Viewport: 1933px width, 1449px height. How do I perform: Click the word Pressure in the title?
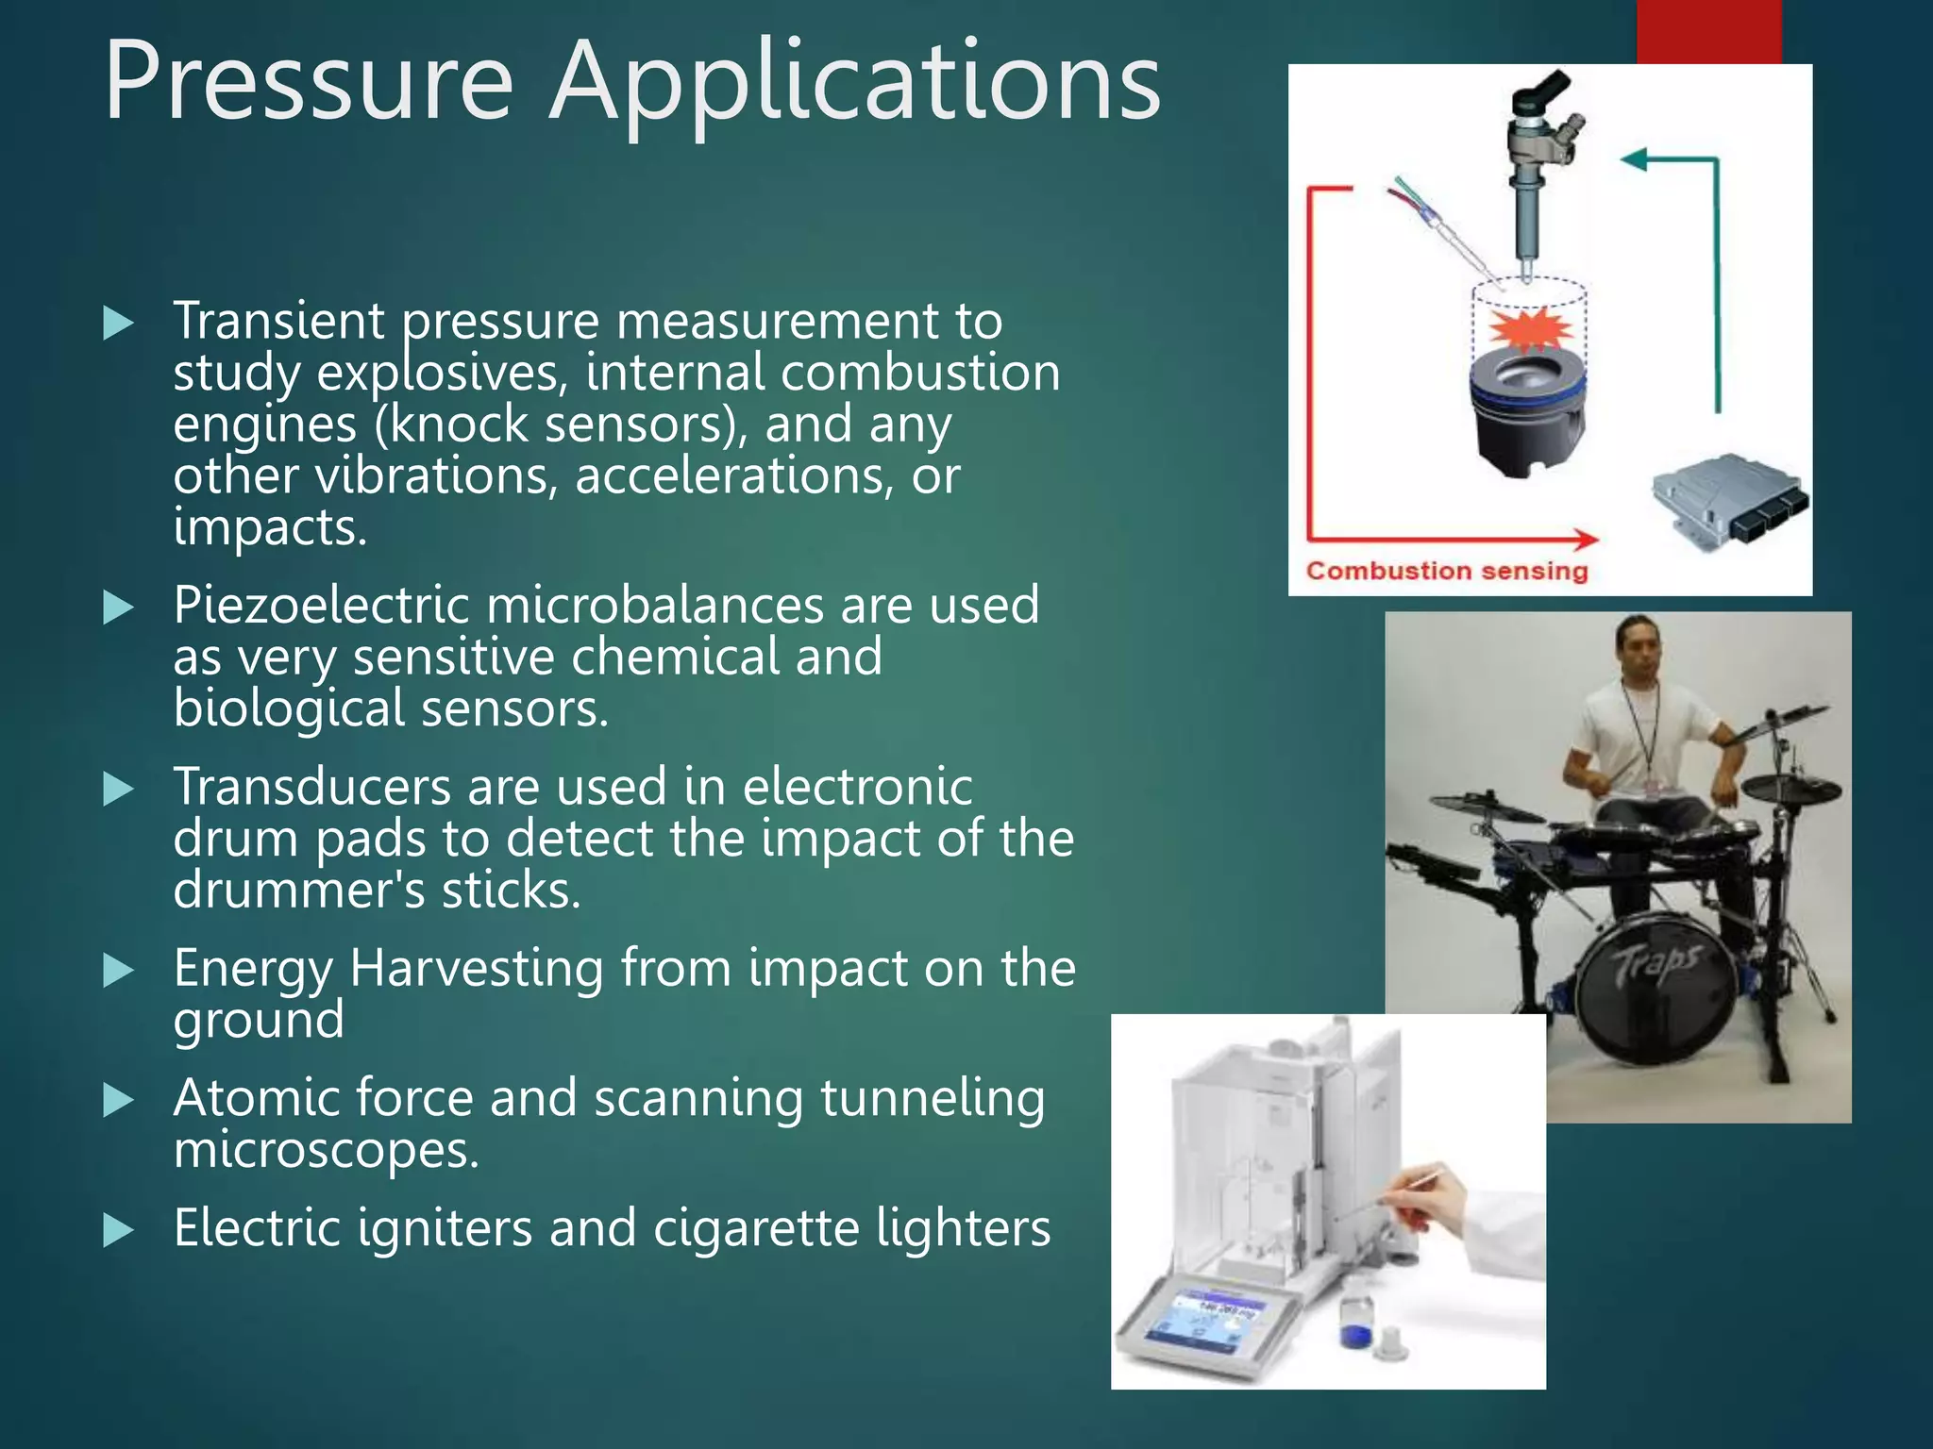[309, 83]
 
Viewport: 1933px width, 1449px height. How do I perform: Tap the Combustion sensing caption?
[1447, 571]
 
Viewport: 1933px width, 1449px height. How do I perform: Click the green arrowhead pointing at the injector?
[1636, 159]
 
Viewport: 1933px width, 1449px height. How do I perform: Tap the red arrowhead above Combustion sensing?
[1586, 540]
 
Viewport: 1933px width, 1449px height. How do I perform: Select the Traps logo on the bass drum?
[1657, 962]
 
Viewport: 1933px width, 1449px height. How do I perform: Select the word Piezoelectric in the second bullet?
[321, 606]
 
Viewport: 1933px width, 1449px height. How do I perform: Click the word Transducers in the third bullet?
[311, 787]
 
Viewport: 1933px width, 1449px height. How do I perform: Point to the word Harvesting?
[477, 969]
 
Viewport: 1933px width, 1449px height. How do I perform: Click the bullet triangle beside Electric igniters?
[118, 1229]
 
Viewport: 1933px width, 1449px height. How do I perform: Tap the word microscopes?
[326, 1151]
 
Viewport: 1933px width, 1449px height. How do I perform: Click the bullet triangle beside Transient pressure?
[118, 323]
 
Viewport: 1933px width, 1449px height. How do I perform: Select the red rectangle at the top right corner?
[1708, 31]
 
